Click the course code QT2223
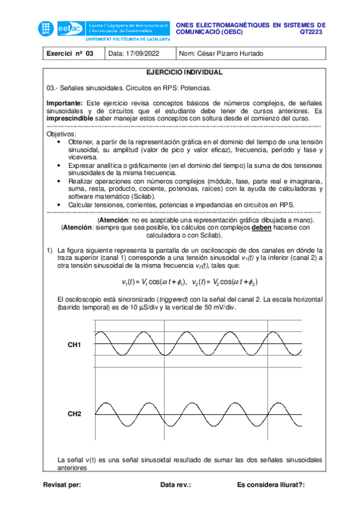point(312,32)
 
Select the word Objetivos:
point(61,134)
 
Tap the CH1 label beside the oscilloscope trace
point(75,345)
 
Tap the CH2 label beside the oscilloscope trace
point(75,414)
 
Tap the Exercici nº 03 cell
point(70,54)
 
